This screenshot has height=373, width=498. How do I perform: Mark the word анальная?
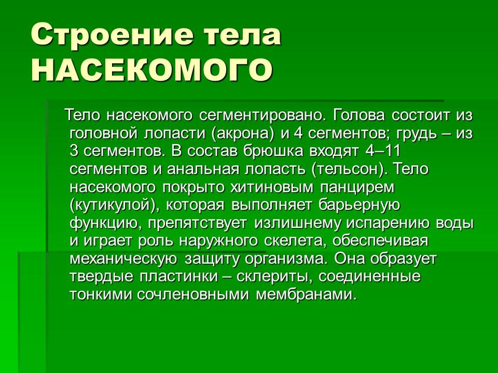(x=204, y=169)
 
